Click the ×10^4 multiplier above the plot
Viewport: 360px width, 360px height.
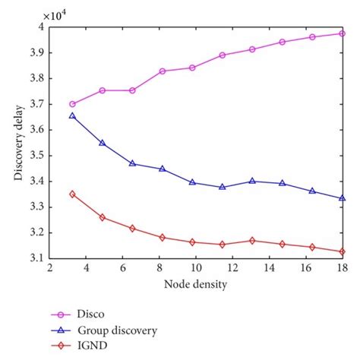pos(58,14)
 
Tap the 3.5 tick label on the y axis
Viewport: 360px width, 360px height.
pos(34,156)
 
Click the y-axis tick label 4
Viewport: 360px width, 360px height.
pos(39,27)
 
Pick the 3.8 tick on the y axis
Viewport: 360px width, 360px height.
pos(34,78)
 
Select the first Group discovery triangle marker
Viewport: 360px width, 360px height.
pos(72,116)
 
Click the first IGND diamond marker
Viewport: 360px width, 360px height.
pos(72,194)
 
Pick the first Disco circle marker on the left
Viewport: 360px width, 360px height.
pos(72,104)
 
